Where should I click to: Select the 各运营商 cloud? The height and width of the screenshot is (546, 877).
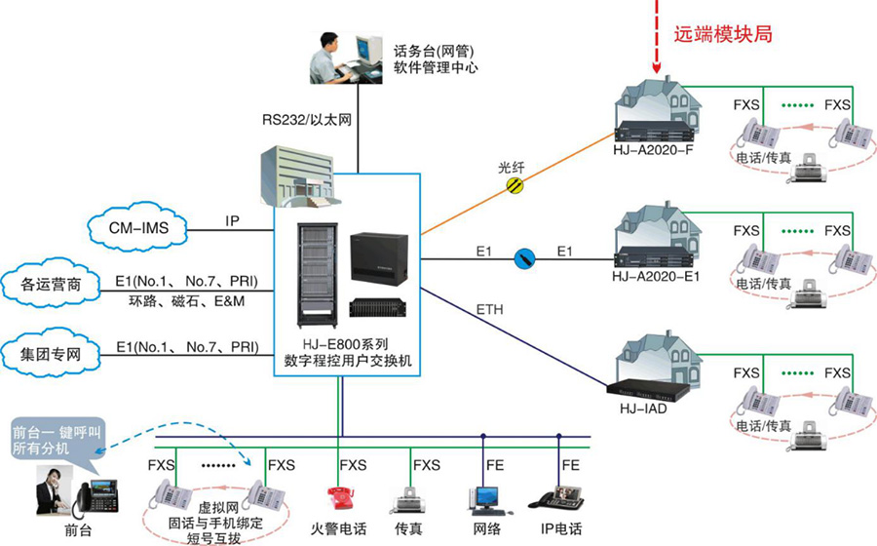(x=51, y=287)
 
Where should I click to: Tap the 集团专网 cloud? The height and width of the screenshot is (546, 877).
(x=51, y=353)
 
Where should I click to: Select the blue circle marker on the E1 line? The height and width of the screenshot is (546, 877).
(x=525, y=258)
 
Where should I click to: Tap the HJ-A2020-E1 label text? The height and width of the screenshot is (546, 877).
(x=657, y=277)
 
